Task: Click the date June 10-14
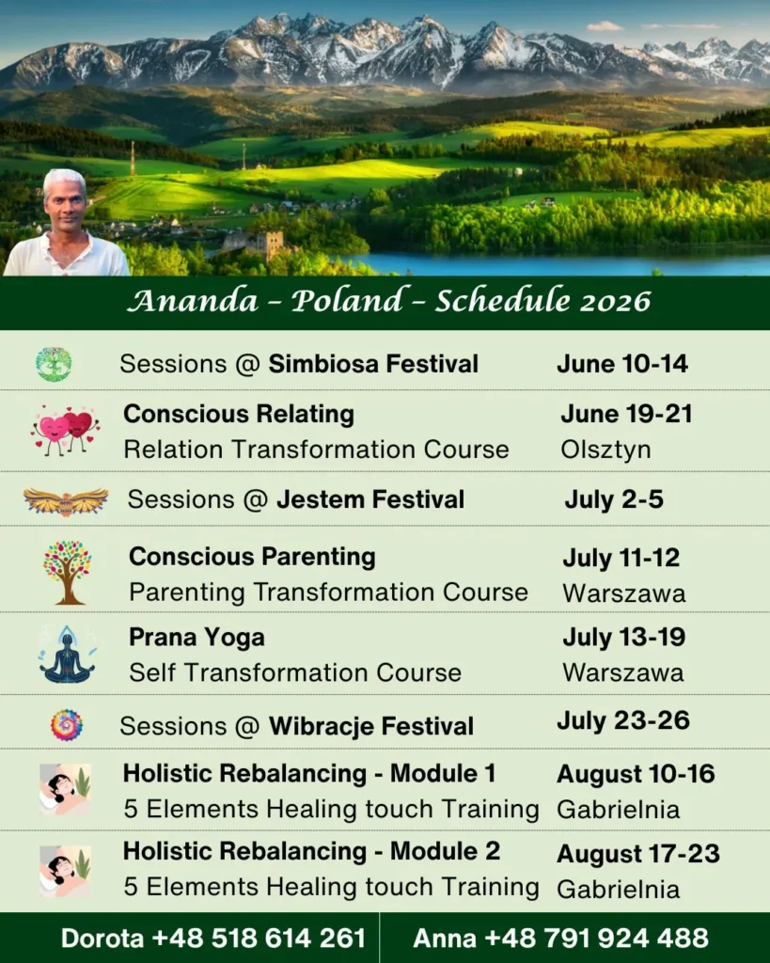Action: coord(622,364)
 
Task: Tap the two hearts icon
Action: coord(65,429)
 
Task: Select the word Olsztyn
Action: coord(605,450)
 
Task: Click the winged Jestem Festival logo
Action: coord(66,501)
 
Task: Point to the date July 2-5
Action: coord(614,499)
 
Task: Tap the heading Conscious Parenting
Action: coord(252,557)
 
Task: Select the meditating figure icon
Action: coord(68,655)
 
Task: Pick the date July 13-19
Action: coord(624,637)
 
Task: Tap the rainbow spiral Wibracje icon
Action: coord(67,725)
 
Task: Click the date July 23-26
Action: coord(623,720)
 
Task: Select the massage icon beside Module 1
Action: coord(65,790)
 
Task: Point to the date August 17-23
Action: coord(638,854)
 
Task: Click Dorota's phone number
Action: coord(259,939)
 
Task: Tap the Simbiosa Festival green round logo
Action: coord(54,364)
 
